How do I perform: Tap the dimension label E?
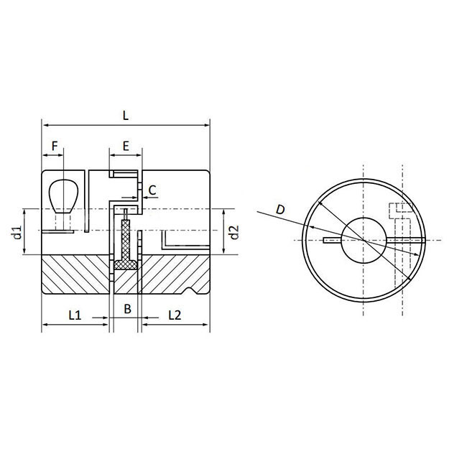(126, 145)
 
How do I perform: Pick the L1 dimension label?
(75, 314)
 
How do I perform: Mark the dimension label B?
(126, 309)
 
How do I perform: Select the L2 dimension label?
(174, 314)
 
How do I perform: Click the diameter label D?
(281, 209)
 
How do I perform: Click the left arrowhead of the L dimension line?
(45, 124)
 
